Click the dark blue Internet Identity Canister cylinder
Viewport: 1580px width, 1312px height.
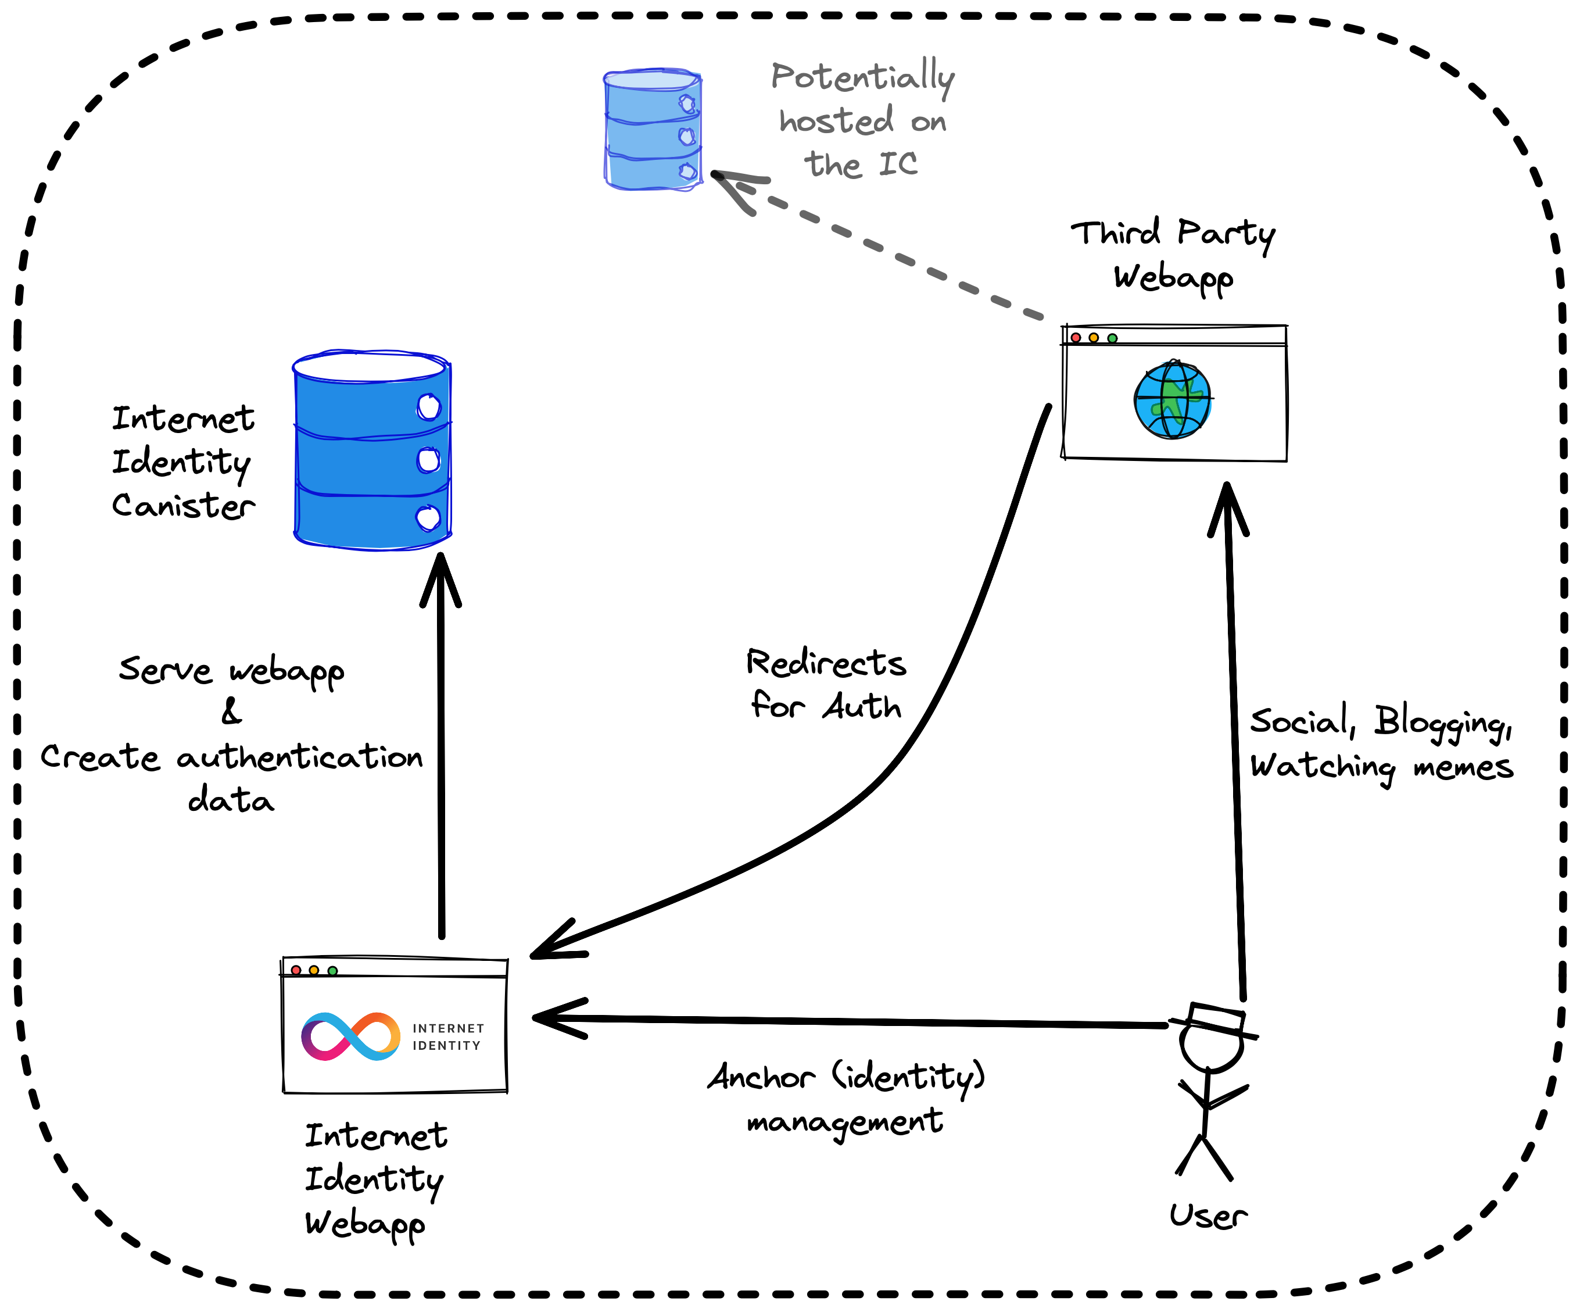[x=372, y=452]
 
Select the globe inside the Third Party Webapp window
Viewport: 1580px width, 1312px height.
[x=1172, y=400]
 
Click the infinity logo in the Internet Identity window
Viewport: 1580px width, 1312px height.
[x=350, y=1036]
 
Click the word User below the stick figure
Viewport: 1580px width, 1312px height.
[x=1208, y=1216]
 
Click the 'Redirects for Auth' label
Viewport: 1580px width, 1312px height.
[x=826, y=684]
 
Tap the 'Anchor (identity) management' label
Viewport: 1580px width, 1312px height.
[x=845, y=1098]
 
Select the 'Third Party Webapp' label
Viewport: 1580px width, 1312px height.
[x=1173, y=255]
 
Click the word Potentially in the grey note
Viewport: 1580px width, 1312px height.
[x=862, y=77]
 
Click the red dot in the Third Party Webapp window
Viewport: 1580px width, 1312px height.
[x=1076, y=338]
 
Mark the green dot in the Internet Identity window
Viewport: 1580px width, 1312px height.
[x=332, y=971]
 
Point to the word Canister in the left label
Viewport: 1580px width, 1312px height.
[x=184, y=506]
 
